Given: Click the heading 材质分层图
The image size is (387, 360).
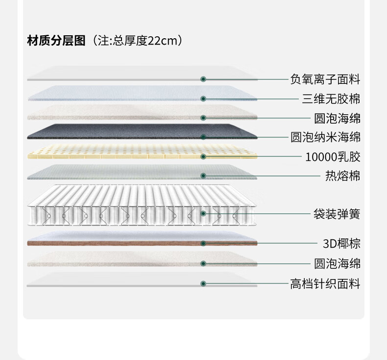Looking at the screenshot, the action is (x=56, y=41).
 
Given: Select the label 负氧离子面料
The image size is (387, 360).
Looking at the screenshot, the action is (x=325, y=79).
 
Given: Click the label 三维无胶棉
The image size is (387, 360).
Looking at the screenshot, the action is (x=331, y=99).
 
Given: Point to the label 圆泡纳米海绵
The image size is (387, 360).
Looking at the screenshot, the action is (x=325, y=137).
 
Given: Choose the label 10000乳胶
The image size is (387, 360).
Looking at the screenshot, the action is (x=333, y=157).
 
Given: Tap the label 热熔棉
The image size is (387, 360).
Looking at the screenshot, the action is (x=343, y=176).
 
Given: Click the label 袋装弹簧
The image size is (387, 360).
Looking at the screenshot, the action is (x=337, y=214).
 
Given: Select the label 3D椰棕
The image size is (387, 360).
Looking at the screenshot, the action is (x=342, y=244).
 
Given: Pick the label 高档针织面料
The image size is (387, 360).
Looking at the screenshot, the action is (x=325, y=283).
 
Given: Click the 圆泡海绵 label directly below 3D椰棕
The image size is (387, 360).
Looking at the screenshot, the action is (x=337, y=264).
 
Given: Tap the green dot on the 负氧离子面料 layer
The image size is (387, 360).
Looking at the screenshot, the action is (x=203, y=79).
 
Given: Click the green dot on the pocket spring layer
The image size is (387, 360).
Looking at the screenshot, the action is (x=203, y=213).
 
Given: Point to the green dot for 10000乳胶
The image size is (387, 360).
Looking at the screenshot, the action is (x=203, y=156).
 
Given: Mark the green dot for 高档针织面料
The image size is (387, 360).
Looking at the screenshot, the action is (x=203, y=283).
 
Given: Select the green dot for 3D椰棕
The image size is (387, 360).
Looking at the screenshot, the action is (x=203, y=243).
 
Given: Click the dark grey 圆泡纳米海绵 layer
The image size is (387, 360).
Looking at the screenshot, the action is (x=142, y=131).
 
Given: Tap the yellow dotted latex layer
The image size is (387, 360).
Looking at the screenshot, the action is (x=142, y=152).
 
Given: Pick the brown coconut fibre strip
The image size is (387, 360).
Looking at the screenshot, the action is (x=142, y=243).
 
